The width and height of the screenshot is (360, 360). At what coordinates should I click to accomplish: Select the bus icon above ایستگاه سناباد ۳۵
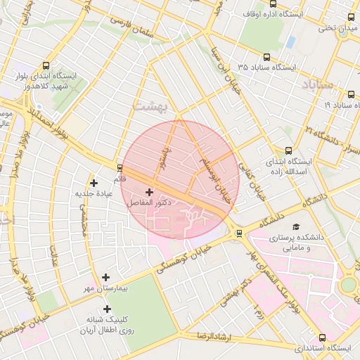(266, 57)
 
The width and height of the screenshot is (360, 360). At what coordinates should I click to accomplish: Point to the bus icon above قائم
(120, 169)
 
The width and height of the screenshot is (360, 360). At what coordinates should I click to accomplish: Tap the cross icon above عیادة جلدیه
(94, 183)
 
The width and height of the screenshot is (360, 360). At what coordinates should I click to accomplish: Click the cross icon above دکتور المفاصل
(149, 192)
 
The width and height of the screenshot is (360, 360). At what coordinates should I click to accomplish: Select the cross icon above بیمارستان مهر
(105, 278)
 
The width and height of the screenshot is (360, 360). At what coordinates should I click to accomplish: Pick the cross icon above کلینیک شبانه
(107, 309)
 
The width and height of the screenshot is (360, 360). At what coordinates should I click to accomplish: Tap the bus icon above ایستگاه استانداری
(322, 337)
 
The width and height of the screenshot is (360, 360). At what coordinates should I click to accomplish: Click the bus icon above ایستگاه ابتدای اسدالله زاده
(288, 150)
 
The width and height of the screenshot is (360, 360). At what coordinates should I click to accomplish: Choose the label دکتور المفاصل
(150, 202)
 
